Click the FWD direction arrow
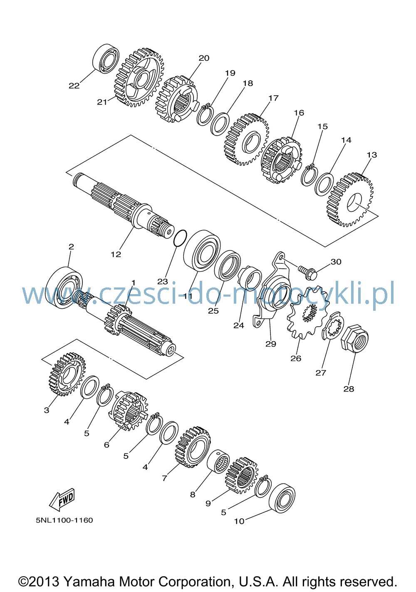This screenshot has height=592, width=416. click(62, 498)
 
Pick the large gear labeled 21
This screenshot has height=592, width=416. click(139, 77)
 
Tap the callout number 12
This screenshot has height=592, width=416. click(116, 254)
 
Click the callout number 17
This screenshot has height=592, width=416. click(274, 98)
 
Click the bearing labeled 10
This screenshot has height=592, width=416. click(282, 498)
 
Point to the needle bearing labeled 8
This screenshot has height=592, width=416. click(218, 461)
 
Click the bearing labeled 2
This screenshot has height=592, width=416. click(64, 288)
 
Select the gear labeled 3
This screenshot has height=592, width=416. click(67, 374)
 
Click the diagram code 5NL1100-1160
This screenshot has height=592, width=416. click(64, 520)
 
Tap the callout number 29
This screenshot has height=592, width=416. click(271, 344)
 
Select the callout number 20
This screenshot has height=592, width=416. click(204, 58)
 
